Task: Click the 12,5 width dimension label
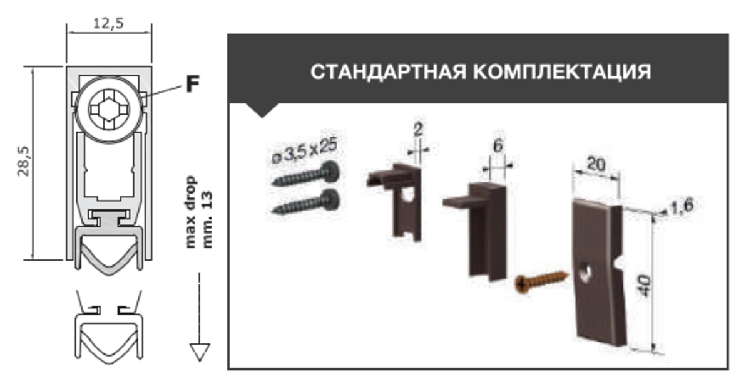[108, 23]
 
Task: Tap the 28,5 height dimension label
[24, 162]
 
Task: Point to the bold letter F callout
[193, 83]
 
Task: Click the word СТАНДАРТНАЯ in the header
[388, 71]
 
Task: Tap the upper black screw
[306, 174]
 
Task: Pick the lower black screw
[306, 201]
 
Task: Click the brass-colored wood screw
[541, 282]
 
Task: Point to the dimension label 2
[418, 130]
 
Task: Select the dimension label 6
[498, 145]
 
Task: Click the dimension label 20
[596, 164]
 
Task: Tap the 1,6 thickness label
[682, 206]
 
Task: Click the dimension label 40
[645, 286]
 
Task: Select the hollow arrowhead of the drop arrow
[200, 352]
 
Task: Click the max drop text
[190, 212]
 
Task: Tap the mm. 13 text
[207, 220]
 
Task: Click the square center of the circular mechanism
[109, 109]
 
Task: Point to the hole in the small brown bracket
[408, 195]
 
